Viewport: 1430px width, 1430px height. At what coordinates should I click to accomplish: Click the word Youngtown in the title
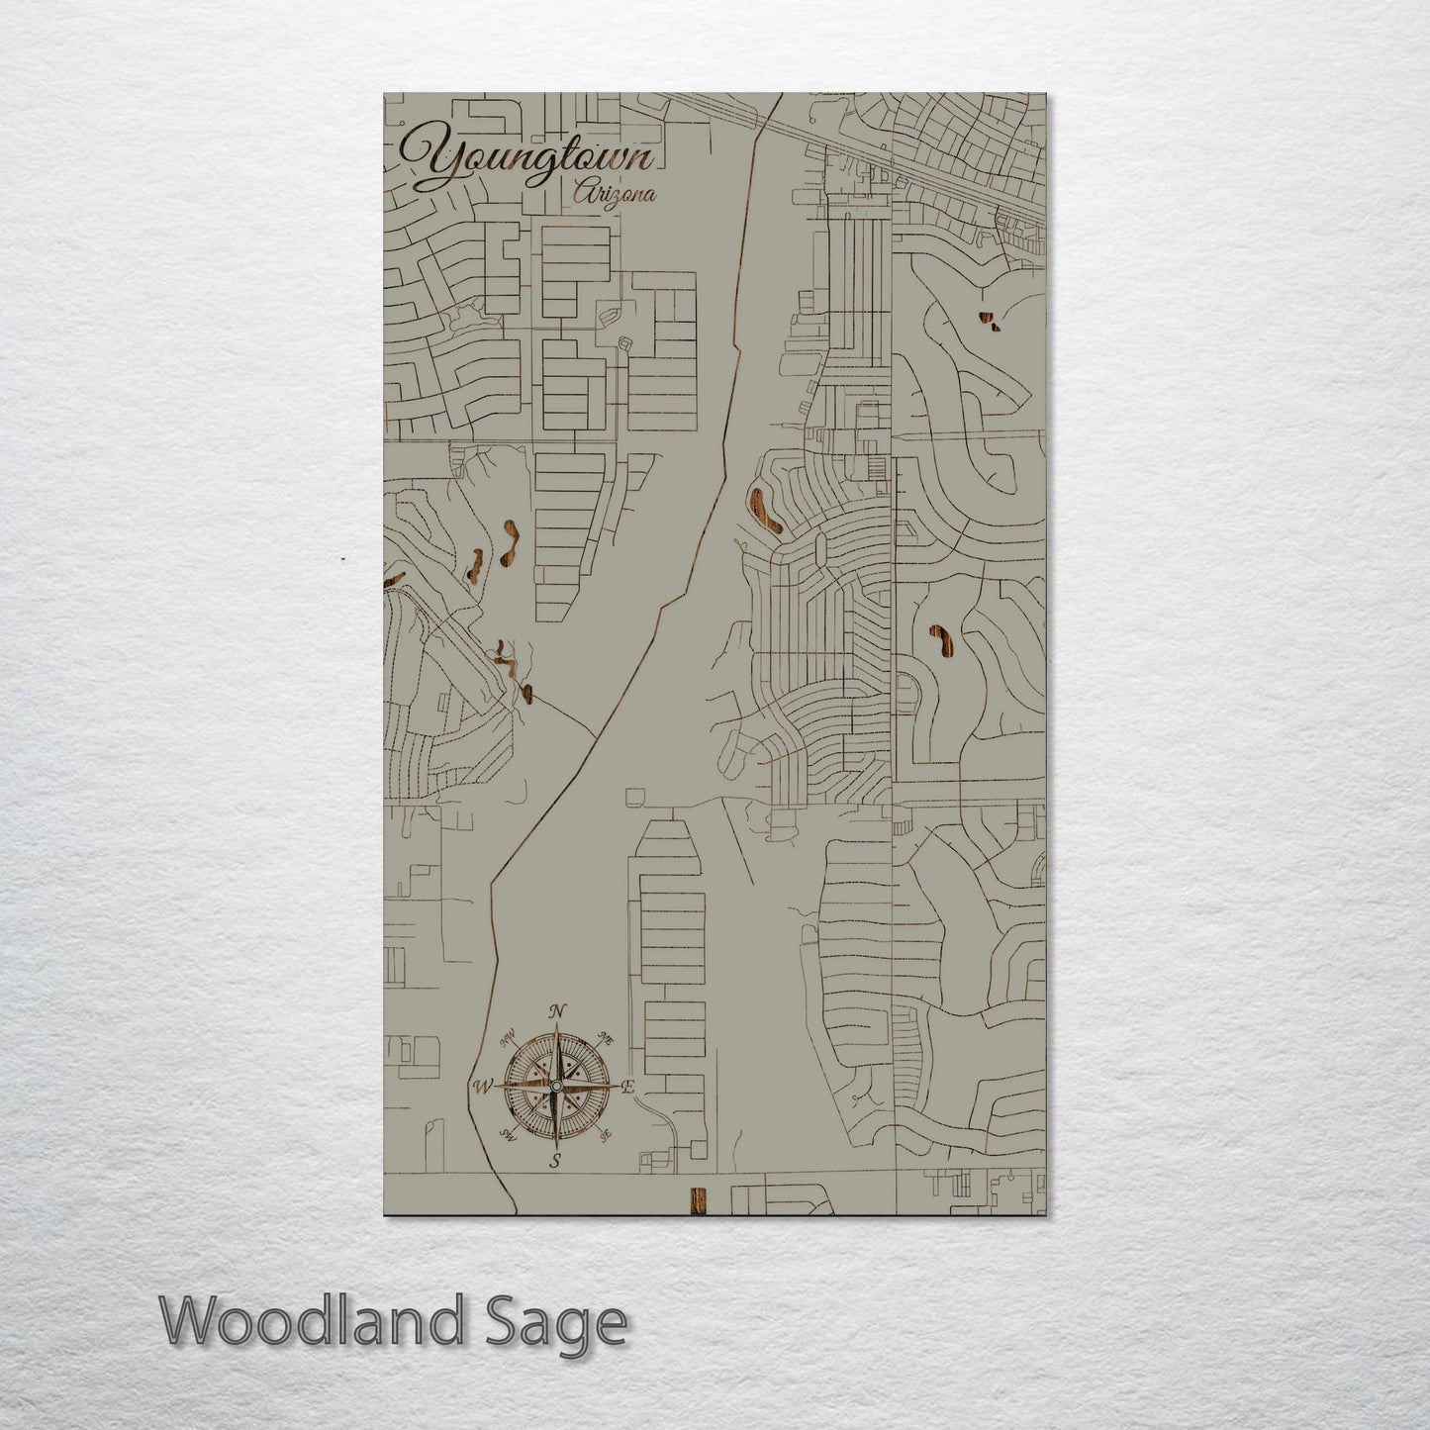(x=524, y=161)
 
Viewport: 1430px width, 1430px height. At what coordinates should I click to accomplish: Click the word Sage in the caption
(x=569, y=1323)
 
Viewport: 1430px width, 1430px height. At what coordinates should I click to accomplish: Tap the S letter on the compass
(x=556, y=1162)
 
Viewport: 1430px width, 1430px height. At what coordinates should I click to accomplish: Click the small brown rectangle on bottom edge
(x=698, y=1198)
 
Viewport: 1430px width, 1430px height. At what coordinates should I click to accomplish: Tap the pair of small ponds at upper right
(x=989, y=321)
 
